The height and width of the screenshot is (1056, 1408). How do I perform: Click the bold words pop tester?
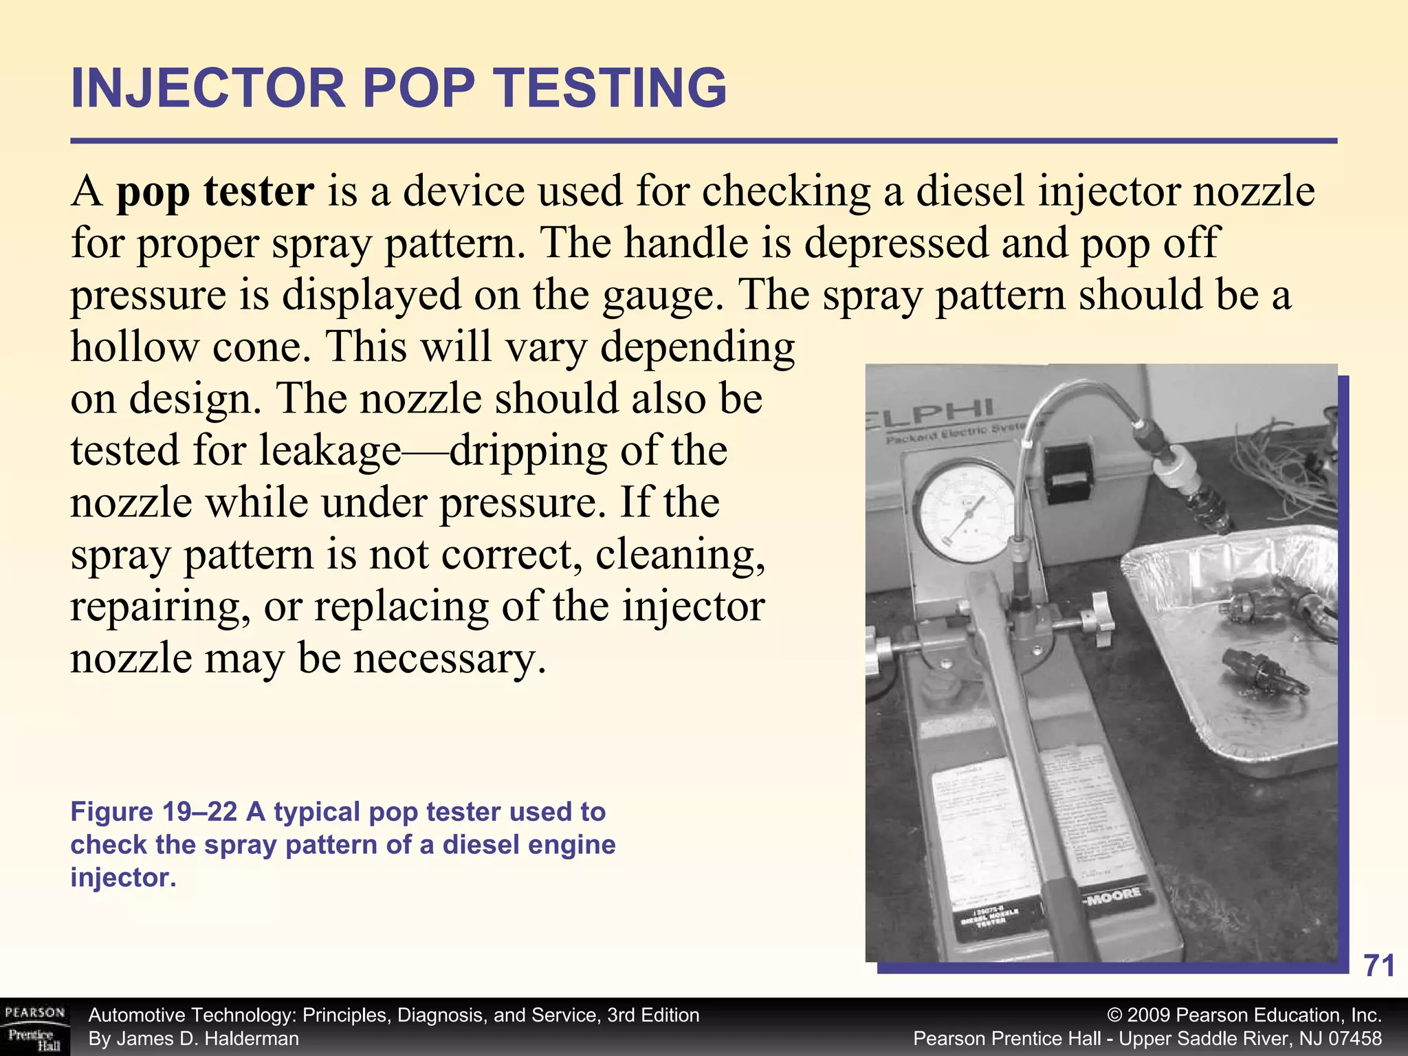coord(215,191)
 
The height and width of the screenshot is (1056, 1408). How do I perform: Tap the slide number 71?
coord(1379,966)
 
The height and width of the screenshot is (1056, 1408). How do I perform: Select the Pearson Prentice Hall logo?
coord(34,1027)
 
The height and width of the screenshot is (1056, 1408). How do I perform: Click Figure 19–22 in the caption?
coord(153,812)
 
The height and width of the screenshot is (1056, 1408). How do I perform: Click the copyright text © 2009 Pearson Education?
coord(1244,1015)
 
